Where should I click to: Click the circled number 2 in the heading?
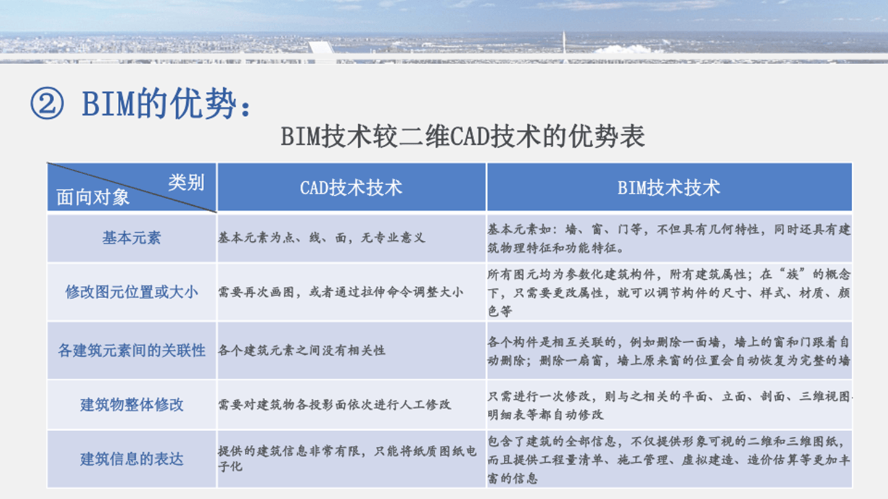click(47, 104)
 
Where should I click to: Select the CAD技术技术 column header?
click(351, 187)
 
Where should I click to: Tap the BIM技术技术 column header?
click(669, 187)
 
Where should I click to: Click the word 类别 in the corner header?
click(186, 182)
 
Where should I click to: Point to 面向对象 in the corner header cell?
click(93, 197)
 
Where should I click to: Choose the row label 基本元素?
click(131, 238)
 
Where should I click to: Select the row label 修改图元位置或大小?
click(131, 291)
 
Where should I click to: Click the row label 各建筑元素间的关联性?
click(131, 351)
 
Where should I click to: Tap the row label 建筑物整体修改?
click(131, 405)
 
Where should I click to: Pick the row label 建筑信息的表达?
click(131, 459)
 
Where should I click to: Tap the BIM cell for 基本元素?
click(669, 239)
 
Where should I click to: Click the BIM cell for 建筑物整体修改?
click(669, 405)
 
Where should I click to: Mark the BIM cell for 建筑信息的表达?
click(669, 459)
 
